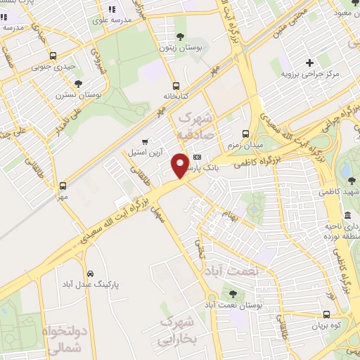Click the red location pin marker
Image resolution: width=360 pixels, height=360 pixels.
181,165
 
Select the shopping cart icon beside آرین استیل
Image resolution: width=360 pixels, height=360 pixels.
146,141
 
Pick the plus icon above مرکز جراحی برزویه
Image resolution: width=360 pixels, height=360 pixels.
309,63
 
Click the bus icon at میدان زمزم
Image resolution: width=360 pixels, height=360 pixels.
245,134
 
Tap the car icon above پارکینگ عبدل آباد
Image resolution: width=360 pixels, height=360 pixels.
90,274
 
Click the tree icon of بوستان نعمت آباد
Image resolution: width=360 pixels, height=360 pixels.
233,294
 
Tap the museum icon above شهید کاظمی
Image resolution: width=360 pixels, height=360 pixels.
347,215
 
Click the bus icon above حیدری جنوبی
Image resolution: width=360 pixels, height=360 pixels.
53,56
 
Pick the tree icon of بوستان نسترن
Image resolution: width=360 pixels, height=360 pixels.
58,82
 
